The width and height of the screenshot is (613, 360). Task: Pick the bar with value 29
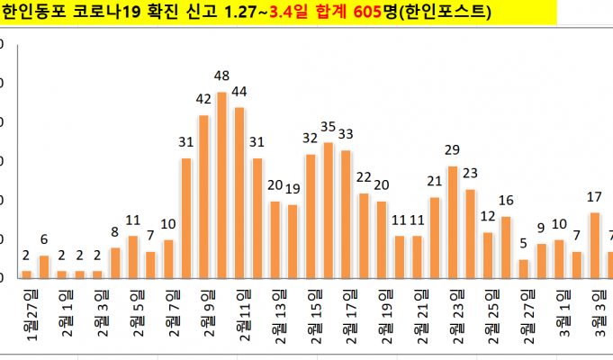click(452, 221)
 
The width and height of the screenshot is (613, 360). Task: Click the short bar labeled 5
click(523, 268)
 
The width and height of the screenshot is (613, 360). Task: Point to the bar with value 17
click(594, 245)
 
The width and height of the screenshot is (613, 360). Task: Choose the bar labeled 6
click(43, 266)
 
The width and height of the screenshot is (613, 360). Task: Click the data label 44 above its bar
click(239, 91)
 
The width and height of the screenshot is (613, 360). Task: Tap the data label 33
click(346, 134)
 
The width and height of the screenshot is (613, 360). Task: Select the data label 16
click(506, 200)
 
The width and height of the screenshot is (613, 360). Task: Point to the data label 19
click(293, 188)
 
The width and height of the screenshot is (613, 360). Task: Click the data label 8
click(114, 230)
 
